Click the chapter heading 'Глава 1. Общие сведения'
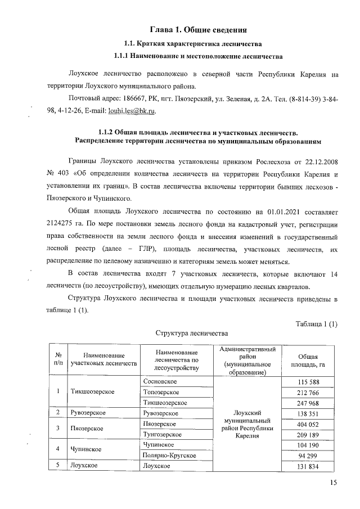click(199, 29)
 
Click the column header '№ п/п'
click(58, 360)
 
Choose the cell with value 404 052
click(308, 424)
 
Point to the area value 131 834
click(308, 466)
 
